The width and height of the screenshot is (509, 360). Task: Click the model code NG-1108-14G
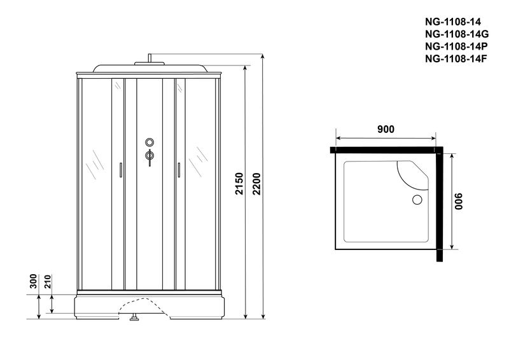(x=457, y=34)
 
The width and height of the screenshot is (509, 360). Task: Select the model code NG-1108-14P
(x=456, y=46)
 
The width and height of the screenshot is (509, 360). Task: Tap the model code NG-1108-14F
(x=456, y=59)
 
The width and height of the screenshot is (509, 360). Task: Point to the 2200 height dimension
(x=256, y=184)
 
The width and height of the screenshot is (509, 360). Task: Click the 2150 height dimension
(x=239, y=184)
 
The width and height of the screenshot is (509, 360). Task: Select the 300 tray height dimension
(x=34, y=281)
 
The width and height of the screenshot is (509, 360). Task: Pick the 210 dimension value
(x=47, y=281)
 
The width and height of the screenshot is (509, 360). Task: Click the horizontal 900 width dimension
(x=386, y=129)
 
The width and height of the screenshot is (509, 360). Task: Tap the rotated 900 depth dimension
(x=458, y=202)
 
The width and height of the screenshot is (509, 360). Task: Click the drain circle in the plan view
(x=417, y=200)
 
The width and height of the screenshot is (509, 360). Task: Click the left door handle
(x=121, y=170)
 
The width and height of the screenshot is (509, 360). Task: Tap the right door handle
(x=179, y=170)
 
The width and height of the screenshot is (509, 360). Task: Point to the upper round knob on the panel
(x=150, y=142)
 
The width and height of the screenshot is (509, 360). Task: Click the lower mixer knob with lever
(x=150, y=157)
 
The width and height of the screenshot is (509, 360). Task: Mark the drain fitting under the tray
(x=134, y=317)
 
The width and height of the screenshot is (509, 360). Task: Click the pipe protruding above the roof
(x=150, y=58)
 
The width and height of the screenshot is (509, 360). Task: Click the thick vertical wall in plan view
(x=440, y=205)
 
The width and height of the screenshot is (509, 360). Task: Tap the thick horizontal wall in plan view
(x=386, y=150)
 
